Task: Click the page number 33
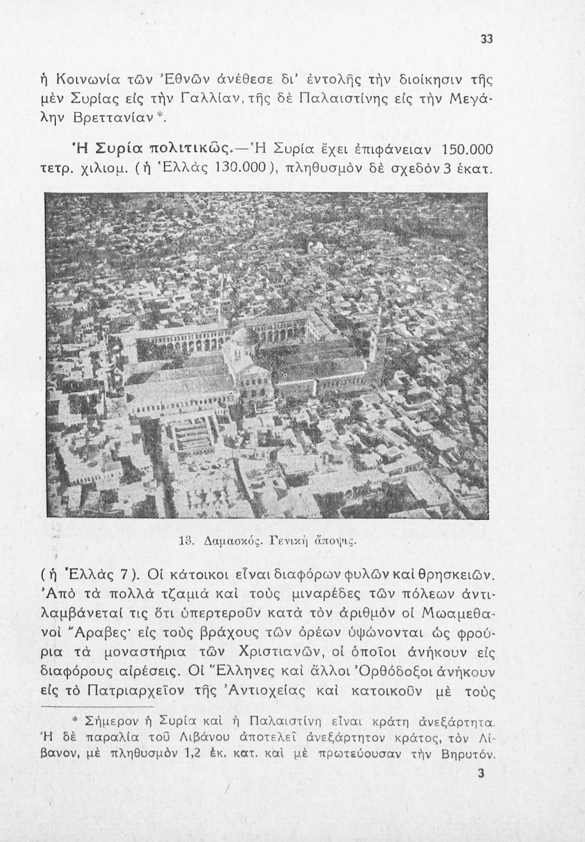click(487, 39)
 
